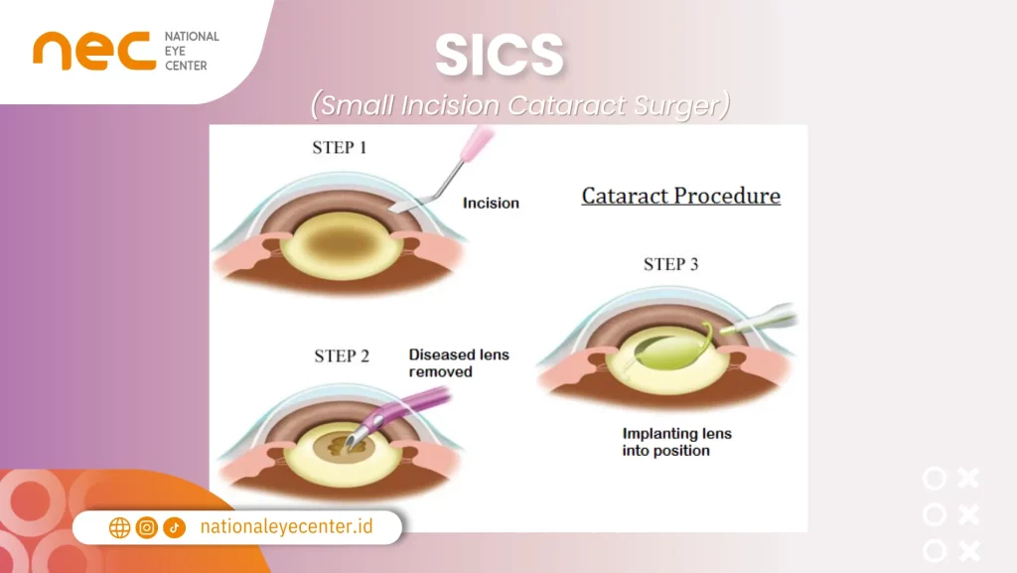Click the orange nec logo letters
pos(94,51)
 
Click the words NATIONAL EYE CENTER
pos(192,51)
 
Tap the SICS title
pos(500,59)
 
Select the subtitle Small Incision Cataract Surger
pos(519,104)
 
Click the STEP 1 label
pos(340,148)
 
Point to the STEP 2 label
pos(342,356)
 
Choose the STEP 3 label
pos(670,264)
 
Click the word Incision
pos(491,203)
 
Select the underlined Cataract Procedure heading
pos(680,196)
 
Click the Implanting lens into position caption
pos(676,442)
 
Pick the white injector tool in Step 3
pos(760,320)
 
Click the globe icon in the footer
pos(119,527)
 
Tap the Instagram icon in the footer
pos(147,527)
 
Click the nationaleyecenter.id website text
pos(286,526)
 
